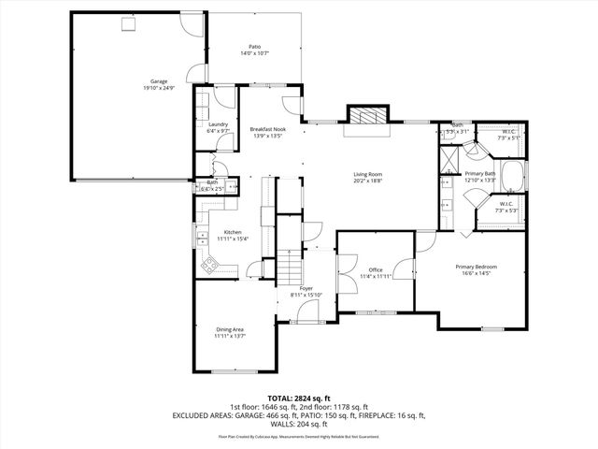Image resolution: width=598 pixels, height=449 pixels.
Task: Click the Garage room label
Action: pos(159,81)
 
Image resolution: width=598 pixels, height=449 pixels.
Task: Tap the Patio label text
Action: pos(254,46)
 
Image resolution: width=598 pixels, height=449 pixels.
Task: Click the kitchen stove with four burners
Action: pos(207,266)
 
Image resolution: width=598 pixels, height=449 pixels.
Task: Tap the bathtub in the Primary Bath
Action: pos(512,175)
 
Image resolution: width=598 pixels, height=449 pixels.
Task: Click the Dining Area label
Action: pos(229,328)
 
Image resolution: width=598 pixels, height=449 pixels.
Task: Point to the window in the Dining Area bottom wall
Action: pos(228,371)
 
